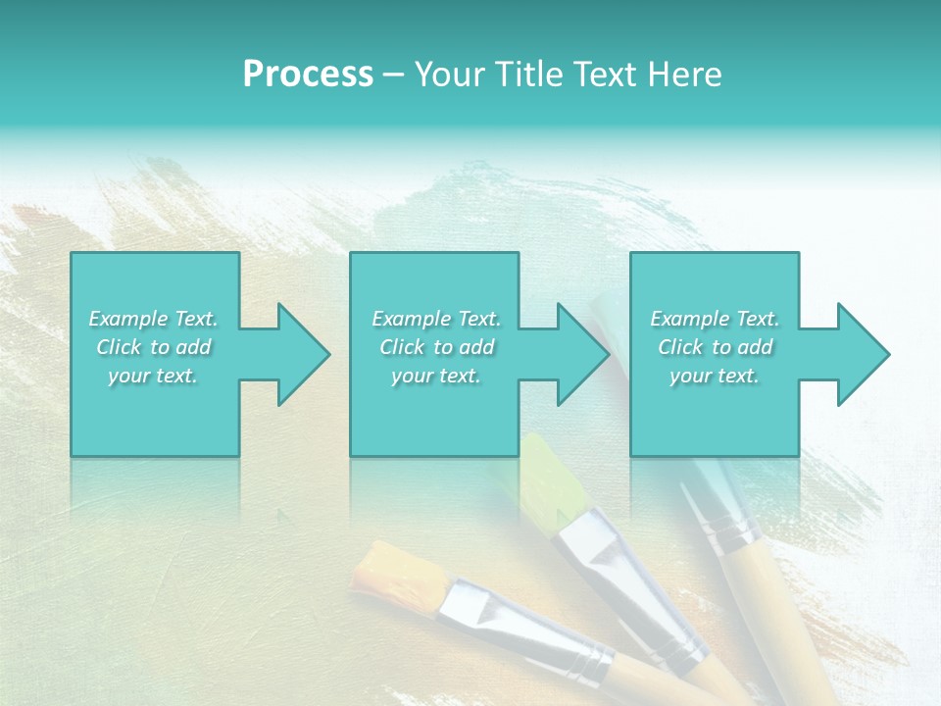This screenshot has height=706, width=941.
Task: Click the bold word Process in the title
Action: click(308, 75)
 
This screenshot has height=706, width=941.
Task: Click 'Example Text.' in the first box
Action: click(154, 319)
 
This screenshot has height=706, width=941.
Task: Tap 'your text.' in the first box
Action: click(154, 376)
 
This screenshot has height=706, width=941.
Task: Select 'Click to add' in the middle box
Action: click(436, 347)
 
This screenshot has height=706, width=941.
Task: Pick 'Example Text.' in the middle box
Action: click(436, 319)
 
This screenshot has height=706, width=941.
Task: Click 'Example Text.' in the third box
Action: click(715, 319)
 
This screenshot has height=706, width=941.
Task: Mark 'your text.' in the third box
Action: click(715, 376)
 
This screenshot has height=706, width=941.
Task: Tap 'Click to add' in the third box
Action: click(715, 347)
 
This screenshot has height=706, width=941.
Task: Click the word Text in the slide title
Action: click(610, 75)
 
